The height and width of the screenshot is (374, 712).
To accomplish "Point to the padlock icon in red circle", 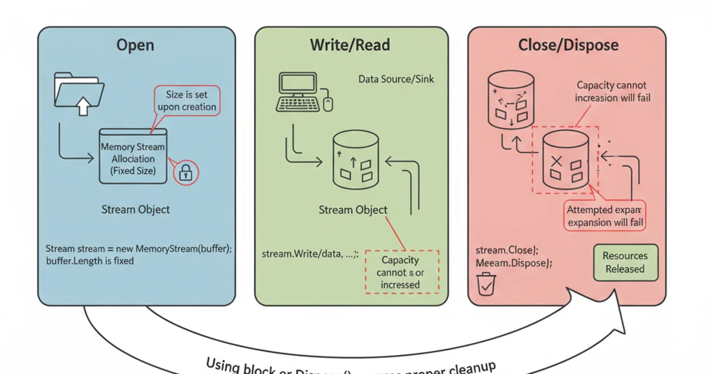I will click(186, 172).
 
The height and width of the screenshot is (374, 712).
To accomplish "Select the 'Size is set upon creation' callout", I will click(187, 101).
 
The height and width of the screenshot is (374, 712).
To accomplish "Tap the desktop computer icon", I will click(300, 93).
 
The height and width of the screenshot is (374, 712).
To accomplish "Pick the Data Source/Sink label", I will click(396, 79).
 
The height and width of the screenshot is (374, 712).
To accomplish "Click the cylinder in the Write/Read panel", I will click(354, 160).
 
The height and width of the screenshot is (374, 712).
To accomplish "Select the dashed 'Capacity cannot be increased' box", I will click(401, 272).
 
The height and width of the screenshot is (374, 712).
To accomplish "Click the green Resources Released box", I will click(625, 262).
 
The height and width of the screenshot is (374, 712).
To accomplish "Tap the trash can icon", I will click(486, 284).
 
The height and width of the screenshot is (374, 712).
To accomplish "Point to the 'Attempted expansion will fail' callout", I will click(605, 216).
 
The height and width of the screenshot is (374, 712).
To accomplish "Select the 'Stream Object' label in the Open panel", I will click(135, 210).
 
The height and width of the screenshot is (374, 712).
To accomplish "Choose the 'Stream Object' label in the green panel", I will click(353, 210).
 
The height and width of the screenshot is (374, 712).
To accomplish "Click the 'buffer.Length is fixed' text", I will click(90, 261).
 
